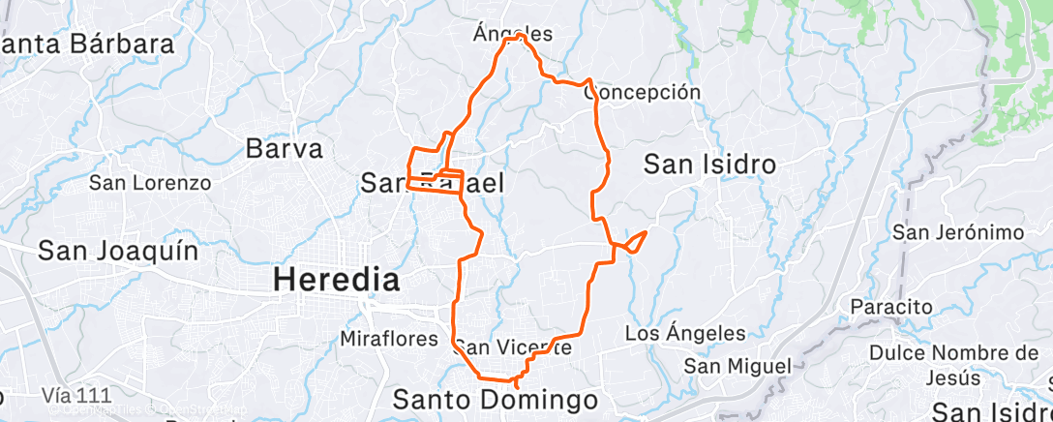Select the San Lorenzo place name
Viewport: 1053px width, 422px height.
150,182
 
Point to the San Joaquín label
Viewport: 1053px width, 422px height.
118,252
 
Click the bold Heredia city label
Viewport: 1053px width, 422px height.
336,281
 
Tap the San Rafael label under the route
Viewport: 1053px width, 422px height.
432,182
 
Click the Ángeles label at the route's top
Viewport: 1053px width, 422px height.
513,34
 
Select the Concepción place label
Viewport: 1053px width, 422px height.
642,92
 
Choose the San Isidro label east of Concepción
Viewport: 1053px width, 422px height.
710,165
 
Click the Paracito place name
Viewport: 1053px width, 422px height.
890,307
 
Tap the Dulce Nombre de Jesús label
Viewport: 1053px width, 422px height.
953,364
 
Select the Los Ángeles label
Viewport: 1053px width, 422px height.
685,334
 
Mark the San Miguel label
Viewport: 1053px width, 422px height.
737,366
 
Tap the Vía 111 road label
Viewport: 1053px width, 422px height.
77,395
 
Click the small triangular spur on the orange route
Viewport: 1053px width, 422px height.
634,240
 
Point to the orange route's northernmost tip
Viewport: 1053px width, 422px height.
520,36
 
